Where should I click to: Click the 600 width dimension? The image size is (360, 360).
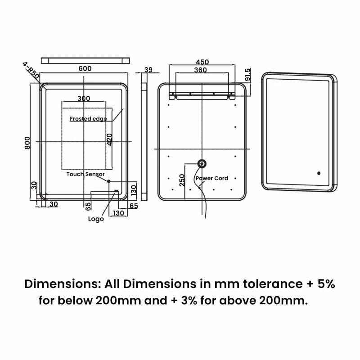[85, 68]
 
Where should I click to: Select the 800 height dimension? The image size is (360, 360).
[27, 143]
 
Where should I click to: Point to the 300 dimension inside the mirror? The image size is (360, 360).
[84, 99]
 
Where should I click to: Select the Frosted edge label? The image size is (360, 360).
[88, 119]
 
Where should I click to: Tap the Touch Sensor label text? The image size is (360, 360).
[85, 174]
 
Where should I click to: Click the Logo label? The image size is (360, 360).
[96, 219]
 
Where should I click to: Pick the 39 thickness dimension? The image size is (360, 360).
[148, 69]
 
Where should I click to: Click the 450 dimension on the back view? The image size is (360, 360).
[202, 62]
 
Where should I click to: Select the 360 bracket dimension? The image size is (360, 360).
[200, 70]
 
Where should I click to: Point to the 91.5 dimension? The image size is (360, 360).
[247, 75]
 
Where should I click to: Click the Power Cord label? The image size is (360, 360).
[212, 179]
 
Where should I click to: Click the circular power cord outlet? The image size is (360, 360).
[202, 164]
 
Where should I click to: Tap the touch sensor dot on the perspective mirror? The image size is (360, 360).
[319, 173]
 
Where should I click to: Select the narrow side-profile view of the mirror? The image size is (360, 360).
[144, 136]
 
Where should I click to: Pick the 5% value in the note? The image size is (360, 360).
[326, 284]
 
